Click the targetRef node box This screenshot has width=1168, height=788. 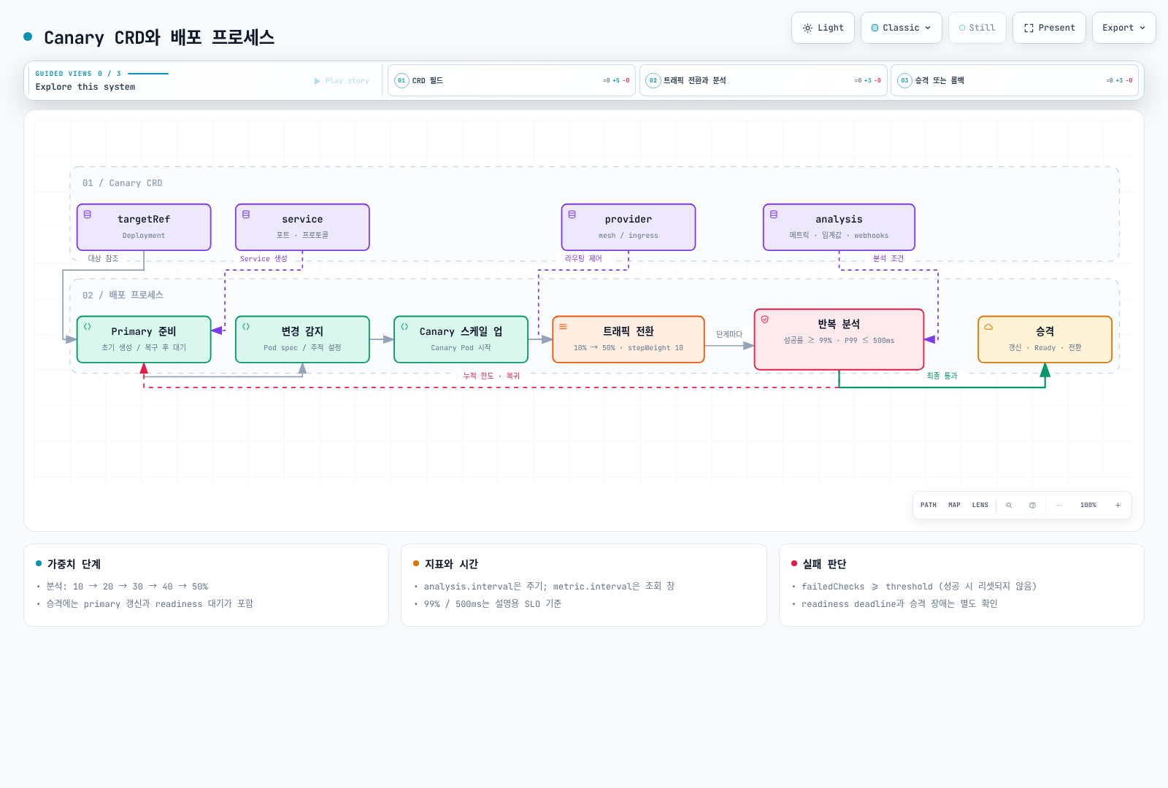pyautogui.click(x=144, y=227)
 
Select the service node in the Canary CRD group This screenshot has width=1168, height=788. pyautogui.click(x=302, y=227)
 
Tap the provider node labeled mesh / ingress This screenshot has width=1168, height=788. pyautogui.click(x=629, y=227)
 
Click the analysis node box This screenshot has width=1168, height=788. pyautogui.click(x=839, y=227)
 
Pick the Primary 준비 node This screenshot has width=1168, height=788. pyautogui.click(x=144, y=339)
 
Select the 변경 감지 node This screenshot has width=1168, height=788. pyautogui.click(x=302, y=339)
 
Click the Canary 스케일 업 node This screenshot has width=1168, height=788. pyautogui.click(x=461, y=339)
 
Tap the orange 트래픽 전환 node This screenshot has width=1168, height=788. pyautogui.click(x=629, y=339)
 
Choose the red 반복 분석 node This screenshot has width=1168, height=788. pyautogui.click(x=839, y=339)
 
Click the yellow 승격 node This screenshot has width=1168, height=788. pyautogui.click(x=1045, y=339)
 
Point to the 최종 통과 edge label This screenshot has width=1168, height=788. pyautogui.click(x=942, y=376)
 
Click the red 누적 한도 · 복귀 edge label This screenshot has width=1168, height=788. pyautogui.click(x=491, y=376)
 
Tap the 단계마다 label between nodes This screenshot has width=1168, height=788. pyautogui.click(x=729, y=334)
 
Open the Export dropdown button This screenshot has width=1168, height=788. pyautogui.click(x=1123, y=28)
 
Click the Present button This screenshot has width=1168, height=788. pyautogui.click(x=1049, y=28)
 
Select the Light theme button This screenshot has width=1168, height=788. pyautogui.click(x=823, y=28)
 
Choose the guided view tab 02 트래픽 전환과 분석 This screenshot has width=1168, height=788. pyautogui.click(x=764, y=80)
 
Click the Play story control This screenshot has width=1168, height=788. pyautogui.click(x=342, y=81)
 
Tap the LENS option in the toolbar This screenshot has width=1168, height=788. pyautogui.click(x=980, y=505)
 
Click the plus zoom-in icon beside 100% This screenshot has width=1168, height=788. pyautogui.click(x=1118, y=505)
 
